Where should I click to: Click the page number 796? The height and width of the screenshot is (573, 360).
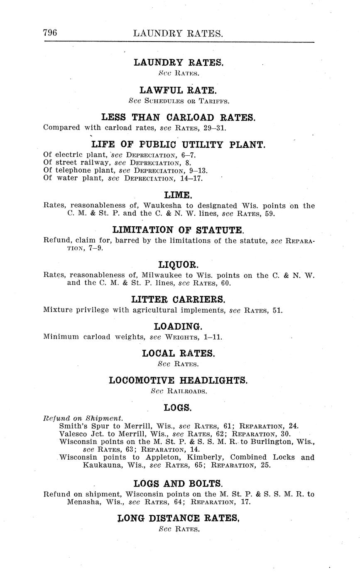click(50, 33)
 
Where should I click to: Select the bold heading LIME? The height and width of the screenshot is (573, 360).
click(178, 195)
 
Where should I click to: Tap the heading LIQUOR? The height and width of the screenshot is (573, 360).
click(178, 264)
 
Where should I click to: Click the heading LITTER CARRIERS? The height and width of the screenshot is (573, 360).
click(178, 299)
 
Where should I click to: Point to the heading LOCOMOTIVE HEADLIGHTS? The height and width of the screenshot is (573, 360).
click(178, 380)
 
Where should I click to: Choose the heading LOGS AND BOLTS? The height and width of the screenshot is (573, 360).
click(178, 484)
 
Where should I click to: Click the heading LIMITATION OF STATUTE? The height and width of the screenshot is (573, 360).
click(178, 230)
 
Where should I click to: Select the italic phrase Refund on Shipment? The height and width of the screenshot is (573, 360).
click(83, 418)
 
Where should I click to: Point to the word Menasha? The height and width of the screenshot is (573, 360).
click(83, 502)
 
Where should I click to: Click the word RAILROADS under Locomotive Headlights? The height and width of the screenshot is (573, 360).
click(187, 391)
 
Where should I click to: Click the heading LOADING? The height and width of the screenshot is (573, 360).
click(178, 326)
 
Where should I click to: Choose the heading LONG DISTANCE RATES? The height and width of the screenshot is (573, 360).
click(178, 518)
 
